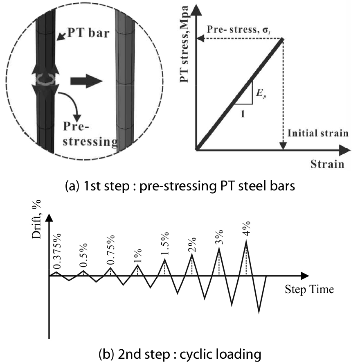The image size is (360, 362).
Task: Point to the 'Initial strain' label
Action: [317, 133]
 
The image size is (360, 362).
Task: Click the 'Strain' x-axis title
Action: [326, 164]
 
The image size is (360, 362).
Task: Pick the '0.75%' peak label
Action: [110, 251]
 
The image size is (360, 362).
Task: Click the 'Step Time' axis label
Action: [309, 290]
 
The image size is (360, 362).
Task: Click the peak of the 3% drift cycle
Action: [219, 248]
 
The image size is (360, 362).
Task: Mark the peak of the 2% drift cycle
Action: [191, 254]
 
